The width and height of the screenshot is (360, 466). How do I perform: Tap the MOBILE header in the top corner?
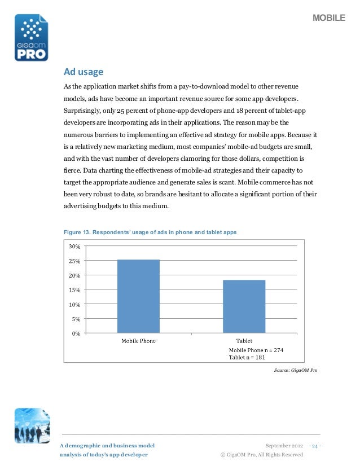click(x=329, y=19)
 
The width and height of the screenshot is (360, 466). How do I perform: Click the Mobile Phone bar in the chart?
click(x=138, y=296)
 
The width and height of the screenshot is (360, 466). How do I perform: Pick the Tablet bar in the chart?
click(x=244, y=306)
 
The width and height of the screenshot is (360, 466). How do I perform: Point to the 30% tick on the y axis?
click(x=74, y=247)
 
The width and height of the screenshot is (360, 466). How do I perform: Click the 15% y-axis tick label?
click(x=74, y=290)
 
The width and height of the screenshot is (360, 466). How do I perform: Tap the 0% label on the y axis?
click(x=76, y=333)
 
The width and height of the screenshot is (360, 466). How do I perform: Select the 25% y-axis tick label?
click(x=74, y=261)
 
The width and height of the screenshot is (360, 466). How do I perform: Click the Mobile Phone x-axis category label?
click(x=139, y=341)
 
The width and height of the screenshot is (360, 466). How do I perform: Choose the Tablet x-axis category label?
click(x=244, y=341)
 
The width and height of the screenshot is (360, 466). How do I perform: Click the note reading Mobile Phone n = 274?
click(x=256, y=350)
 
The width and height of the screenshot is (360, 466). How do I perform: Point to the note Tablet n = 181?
click(x=247, y=357)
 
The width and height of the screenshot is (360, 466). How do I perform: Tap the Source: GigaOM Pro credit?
click(x=295, y=370)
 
